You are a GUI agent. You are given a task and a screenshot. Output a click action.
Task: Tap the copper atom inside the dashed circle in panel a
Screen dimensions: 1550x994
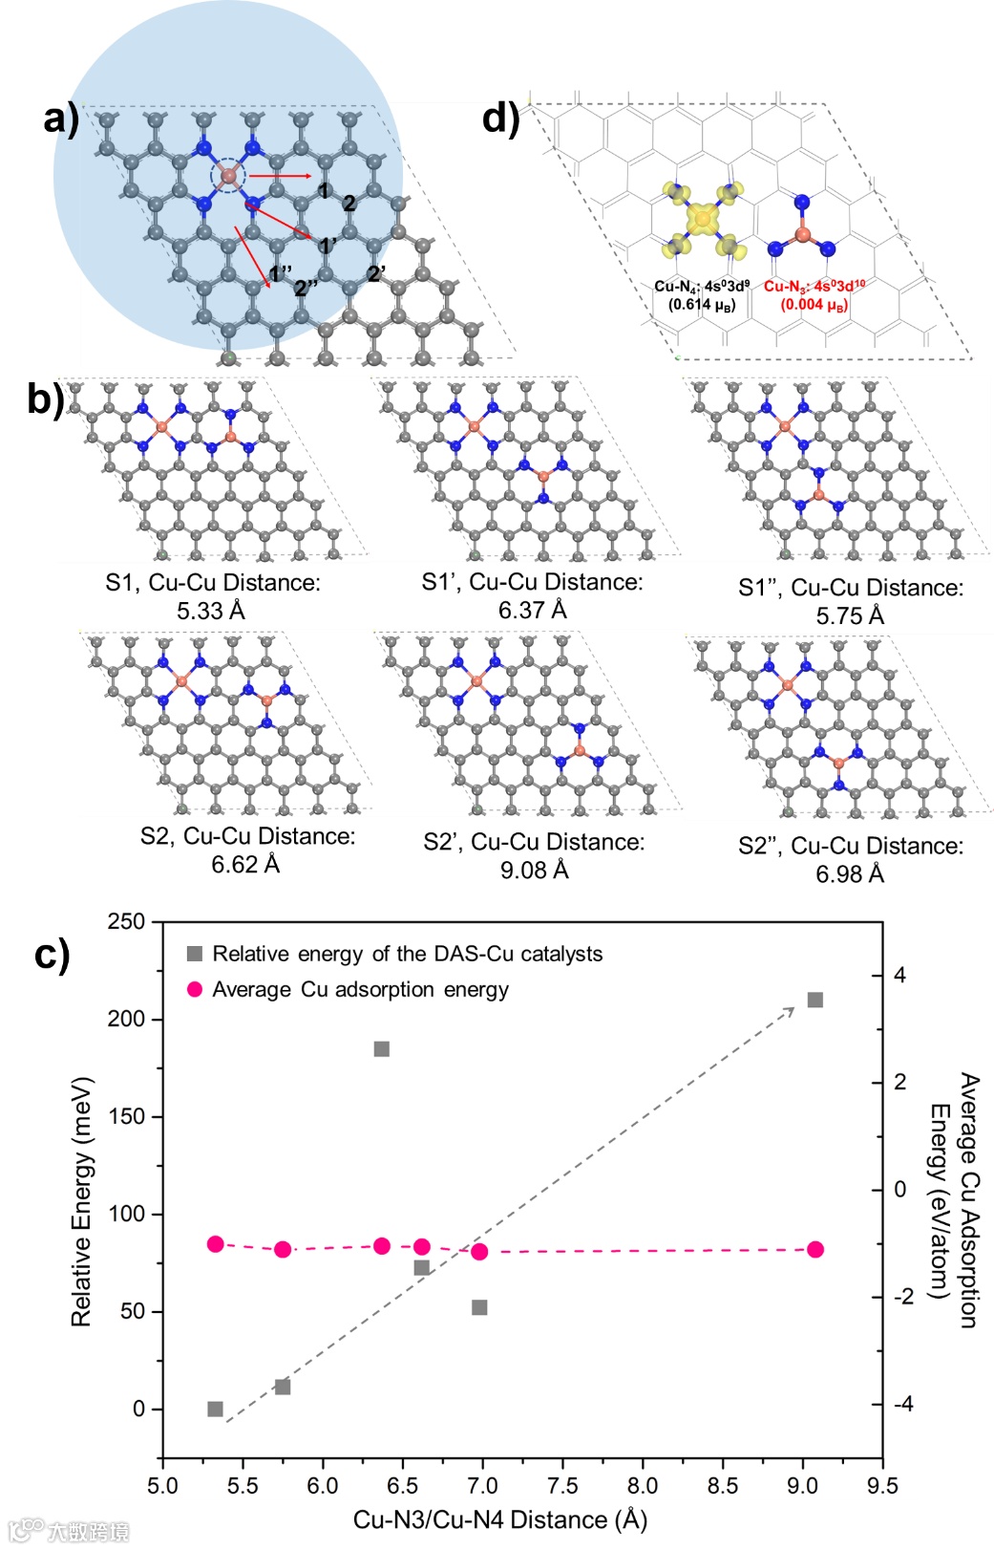click(x=228, y=175)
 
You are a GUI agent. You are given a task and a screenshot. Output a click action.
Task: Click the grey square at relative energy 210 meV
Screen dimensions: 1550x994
click(x=815, y=1000)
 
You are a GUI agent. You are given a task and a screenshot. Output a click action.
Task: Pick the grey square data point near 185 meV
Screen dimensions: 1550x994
click(x=382, y=1048)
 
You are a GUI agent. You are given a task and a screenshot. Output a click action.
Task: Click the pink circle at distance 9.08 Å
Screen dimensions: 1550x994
click(x=815, y=1249)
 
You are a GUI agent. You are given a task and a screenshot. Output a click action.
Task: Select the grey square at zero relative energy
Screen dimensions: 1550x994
click(x=216, y=1409)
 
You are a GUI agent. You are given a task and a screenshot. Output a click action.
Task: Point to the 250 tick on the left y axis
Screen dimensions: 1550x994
click(x=126, y=921)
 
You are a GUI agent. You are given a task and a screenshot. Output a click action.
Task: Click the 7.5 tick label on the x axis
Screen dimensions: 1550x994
click(x=562, y=1485)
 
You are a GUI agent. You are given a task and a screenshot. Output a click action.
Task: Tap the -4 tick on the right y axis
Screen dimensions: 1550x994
click(x=903, y=1404)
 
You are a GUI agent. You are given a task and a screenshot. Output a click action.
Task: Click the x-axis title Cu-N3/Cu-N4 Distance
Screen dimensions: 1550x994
click(x=500, y=1519)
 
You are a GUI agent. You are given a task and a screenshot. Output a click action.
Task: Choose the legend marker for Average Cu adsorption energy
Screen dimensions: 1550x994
click(x=195, y=989)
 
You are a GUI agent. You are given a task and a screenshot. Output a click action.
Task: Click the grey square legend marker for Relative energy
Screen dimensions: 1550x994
click(x=195, y=954)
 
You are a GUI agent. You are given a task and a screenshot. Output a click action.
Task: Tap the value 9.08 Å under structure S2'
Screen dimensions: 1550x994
click(x=535, y=871)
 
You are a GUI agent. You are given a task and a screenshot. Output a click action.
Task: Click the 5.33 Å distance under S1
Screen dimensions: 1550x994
click(x=211, y=611)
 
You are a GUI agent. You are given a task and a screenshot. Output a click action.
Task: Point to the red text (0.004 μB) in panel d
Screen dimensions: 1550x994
click(x=814, y=305)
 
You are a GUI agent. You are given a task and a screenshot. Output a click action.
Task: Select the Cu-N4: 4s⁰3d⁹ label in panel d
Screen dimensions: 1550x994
click(x=702, y=286)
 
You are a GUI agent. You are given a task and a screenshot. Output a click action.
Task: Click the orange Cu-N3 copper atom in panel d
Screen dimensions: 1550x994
click(x=802, y=234)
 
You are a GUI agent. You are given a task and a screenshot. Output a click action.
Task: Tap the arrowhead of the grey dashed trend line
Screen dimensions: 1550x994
click(x=792, y=1009)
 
